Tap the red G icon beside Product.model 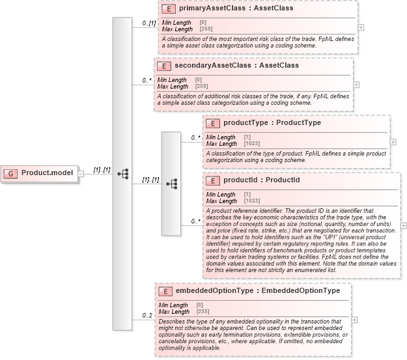[x=12, y=173]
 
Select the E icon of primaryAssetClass [x=167, y=9]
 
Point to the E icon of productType [x=213, y=122]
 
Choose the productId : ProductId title [x=261, y=180]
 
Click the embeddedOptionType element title [x=256, y=291]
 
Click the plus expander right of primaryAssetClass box [x=361, y=28]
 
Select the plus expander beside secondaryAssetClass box [x=356, y=85]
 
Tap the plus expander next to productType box [x=393, y=141]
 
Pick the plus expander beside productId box [x=404, y=225]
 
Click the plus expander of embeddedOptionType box [x=354, y=320]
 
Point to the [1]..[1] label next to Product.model [x=102, y=169]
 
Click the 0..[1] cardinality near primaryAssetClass [x=149, y=23]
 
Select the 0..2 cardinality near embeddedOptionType [x=147, y=316]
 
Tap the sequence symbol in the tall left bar [x=122, y=173]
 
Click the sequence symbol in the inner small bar [x=171, y=184]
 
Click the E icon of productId [x=213, y=180]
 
